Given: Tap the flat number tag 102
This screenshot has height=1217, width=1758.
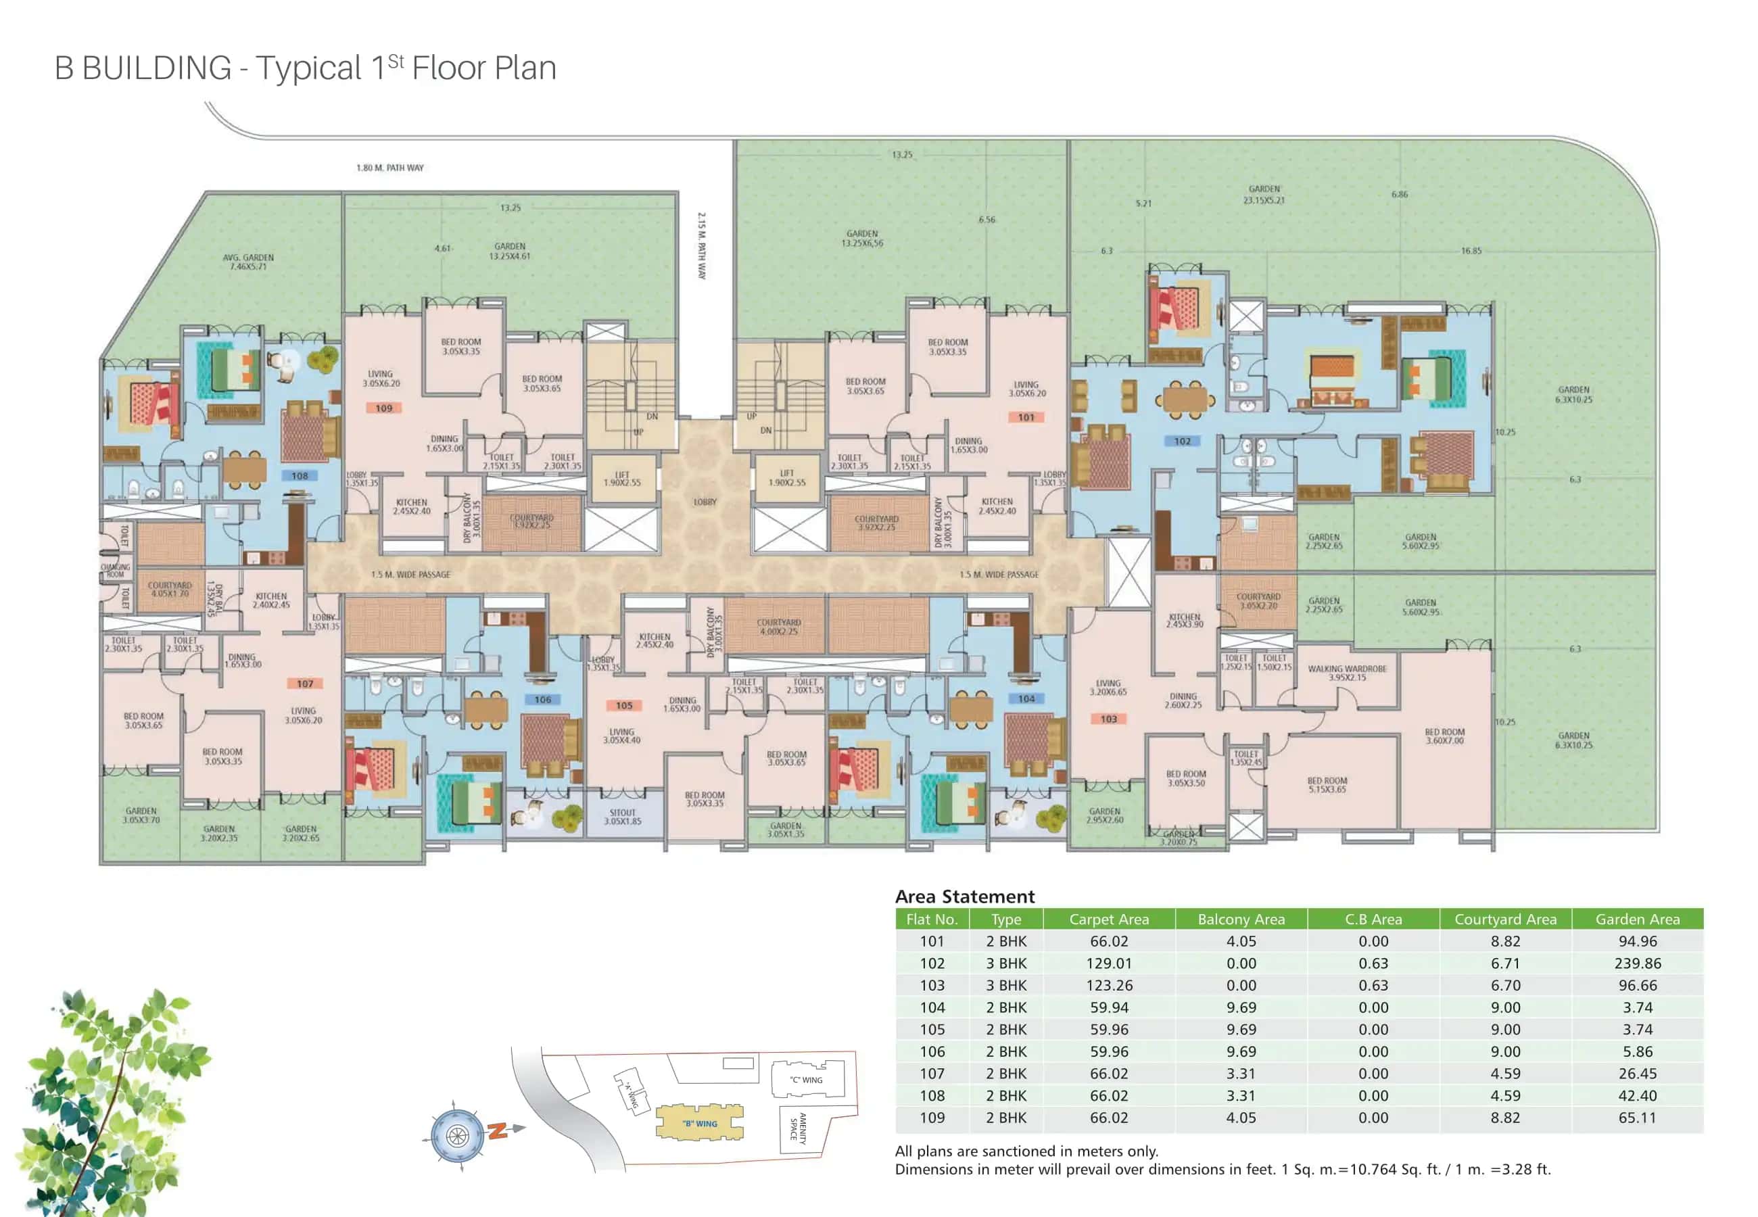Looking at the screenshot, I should [x=1182, y=442].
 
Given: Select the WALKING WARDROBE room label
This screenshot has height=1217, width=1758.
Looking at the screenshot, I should [x=1346, y=673].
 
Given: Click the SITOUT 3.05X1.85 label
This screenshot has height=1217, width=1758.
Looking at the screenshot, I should [x=622, y=817].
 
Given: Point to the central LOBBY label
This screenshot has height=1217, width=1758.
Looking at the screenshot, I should [x=705, y=502].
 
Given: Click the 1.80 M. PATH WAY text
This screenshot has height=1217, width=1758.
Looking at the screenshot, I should [x=389, y=168].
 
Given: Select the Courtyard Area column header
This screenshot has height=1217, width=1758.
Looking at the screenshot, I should [x=1505, y=919].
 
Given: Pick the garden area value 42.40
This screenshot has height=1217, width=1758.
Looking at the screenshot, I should [x=1637, y=1095].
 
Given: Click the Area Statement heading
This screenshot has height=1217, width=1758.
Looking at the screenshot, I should [x=964, y=896].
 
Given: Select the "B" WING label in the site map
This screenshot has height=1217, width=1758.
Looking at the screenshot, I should [x=699, y=1123].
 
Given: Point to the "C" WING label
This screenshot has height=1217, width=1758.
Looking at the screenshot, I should [x=806, y=1080].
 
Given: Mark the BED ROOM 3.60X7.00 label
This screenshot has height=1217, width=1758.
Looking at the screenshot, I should [x=1444, y=736].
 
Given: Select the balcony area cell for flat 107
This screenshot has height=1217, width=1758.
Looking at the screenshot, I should [x=1240, y=1073].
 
